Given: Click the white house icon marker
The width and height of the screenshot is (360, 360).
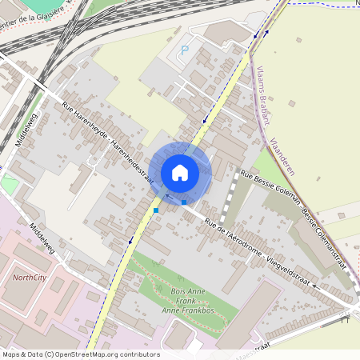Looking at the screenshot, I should point(180,172).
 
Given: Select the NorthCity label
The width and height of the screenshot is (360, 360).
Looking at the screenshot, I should point(30,278).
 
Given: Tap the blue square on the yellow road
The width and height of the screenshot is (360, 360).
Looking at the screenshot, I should point(156,210).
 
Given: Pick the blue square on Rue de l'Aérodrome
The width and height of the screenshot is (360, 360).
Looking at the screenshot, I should point(184,202).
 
